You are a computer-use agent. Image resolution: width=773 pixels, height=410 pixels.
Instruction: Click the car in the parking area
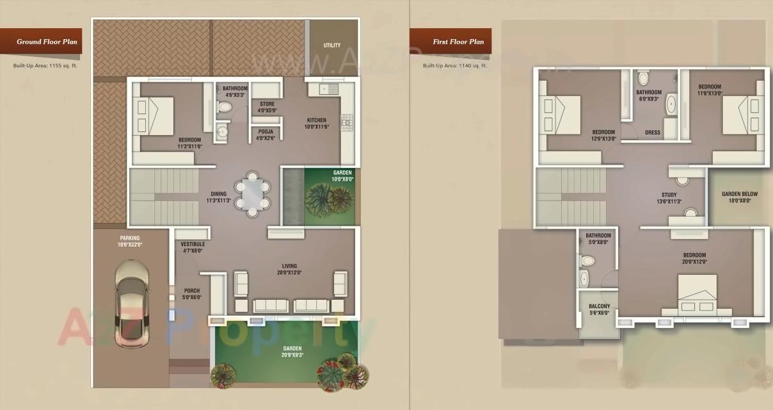coord(132,303)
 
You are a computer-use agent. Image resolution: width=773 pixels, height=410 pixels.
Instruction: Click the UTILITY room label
coord(332,45)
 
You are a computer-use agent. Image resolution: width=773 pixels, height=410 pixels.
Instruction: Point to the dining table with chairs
coord(253,192)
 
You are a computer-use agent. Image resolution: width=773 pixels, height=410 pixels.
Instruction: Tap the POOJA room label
coord(266,134)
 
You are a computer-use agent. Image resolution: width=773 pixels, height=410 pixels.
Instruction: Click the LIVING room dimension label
coord(290,272)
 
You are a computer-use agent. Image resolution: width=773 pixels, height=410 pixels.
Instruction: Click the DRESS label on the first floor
coord(652,133)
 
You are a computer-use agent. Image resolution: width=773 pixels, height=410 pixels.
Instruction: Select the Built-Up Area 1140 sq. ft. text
coord(455,65)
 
